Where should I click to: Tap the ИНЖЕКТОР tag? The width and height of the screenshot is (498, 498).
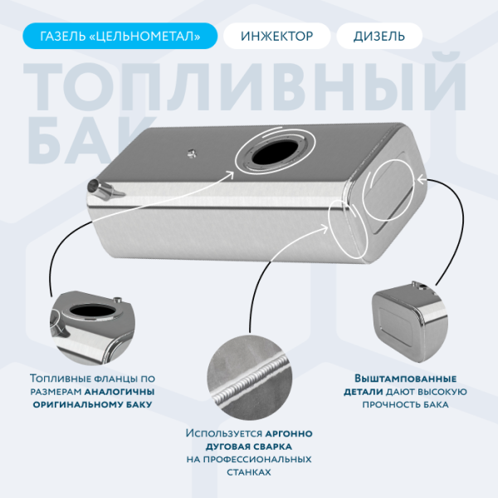click(x=276, y=36)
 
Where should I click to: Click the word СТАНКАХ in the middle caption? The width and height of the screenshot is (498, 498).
click(x=248, y=471)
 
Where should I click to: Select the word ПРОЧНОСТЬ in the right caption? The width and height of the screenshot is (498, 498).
click(x=389, y=404)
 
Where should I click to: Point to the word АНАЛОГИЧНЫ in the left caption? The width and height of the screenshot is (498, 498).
click(x=117, y=390)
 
